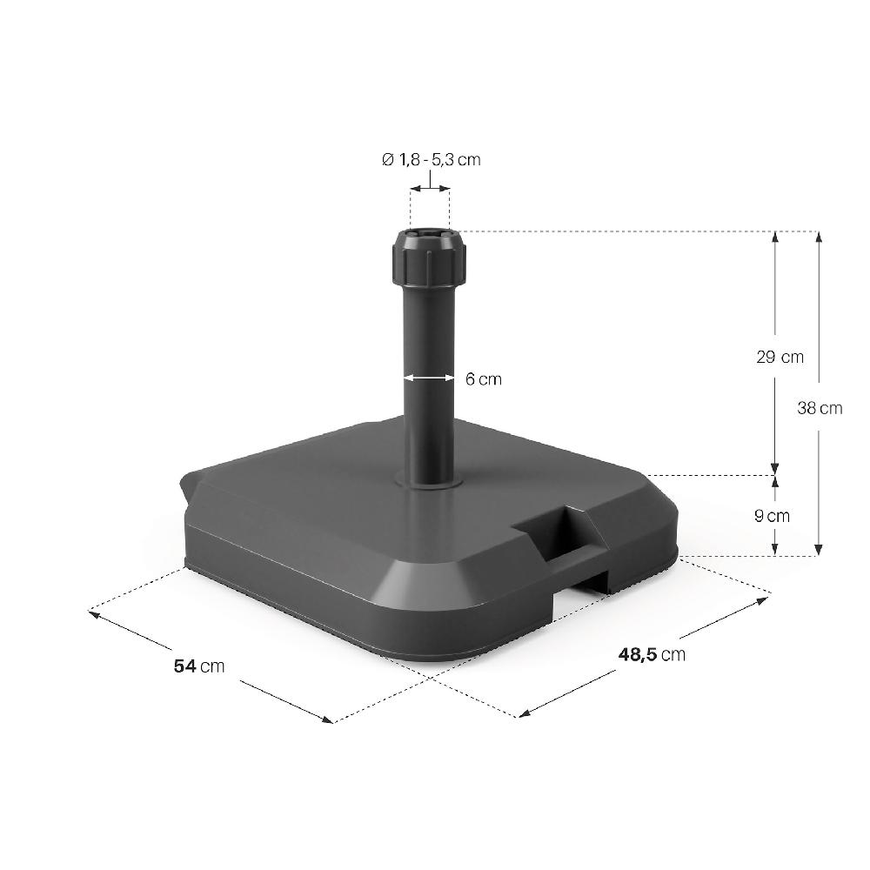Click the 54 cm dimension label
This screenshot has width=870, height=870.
click(199, 666)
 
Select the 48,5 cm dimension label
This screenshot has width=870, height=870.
click(651, 654)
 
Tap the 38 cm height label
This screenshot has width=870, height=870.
click(820, 407)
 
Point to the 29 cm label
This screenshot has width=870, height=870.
click(780, 357)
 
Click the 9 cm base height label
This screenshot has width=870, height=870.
click(772, 516)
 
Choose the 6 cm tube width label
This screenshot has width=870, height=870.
click(484, 379)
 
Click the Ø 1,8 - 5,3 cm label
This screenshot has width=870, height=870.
click(431, 159)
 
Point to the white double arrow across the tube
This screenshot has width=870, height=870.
click(428, 378)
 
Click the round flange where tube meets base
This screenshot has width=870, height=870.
click(428, 481)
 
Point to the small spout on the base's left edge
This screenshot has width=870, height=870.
click(185, 492)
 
